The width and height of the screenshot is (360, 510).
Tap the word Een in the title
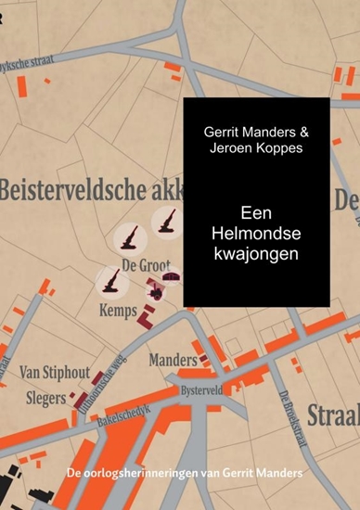coord(253,211)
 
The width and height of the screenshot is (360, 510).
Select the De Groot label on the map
coord(146,267)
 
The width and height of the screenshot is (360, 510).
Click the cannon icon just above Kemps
coord(112,279)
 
